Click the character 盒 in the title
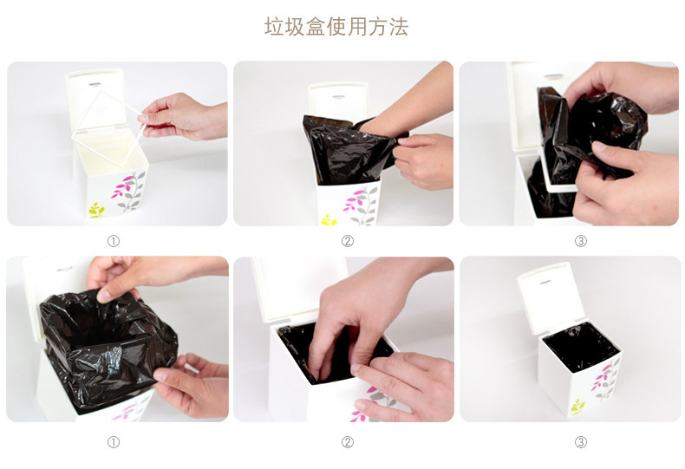pos(316,27)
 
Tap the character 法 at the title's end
pos(398,27)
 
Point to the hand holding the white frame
pos(185,116)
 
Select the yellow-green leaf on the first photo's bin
pos(96,210)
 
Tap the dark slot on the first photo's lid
pos(95,81)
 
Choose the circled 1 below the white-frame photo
pos(113,241)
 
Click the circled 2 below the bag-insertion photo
pos(348,241)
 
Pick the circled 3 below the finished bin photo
pos(581,442)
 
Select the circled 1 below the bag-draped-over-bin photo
pos(113,442)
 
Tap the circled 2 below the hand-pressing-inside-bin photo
pos(348,442)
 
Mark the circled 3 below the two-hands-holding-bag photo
pos(581,241)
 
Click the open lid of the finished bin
pos(551,298)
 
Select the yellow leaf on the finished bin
pos(577,407)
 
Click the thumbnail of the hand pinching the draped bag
pos(117,339)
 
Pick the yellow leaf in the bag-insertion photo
pos(328,220)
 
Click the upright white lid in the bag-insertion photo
pos(337,102)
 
